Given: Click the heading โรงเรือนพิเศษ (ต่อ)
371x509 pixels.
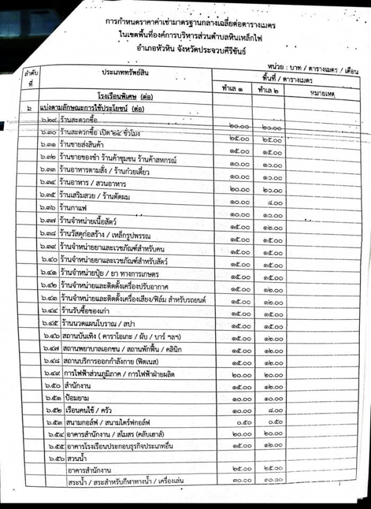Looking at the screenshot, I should click(126, 97).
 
